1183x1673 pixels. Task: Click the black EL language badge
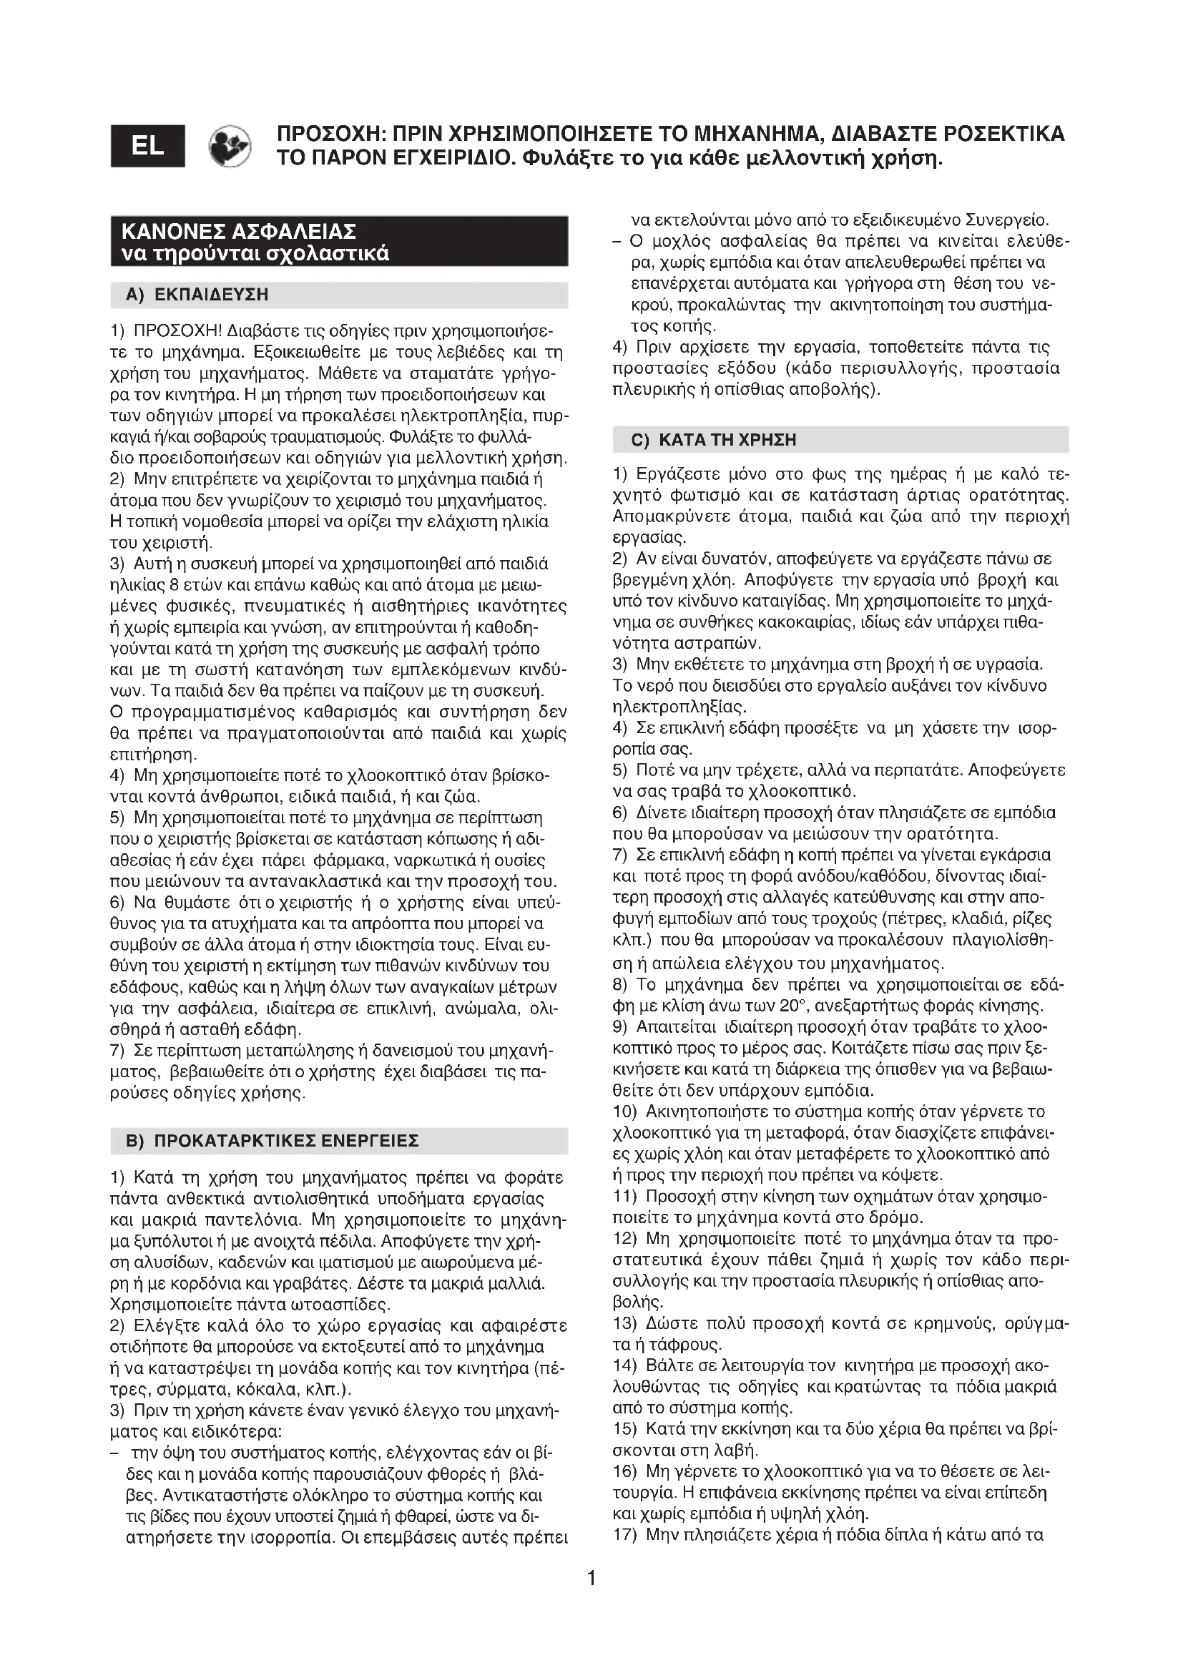click(148, 146)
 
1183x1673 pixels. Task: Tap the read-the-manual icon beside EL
click(230, 146)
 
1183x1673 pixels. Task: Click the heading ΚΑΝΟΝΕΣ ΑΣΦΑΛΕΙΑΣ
click(239, 232)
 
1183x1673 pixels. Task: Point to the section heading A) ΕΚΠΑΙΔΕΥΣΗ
click(197, 295)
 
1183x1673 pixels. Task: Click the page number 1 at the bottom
click(591, 1579)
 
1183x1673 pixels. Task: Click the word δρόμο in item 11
click(897, 1217)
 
